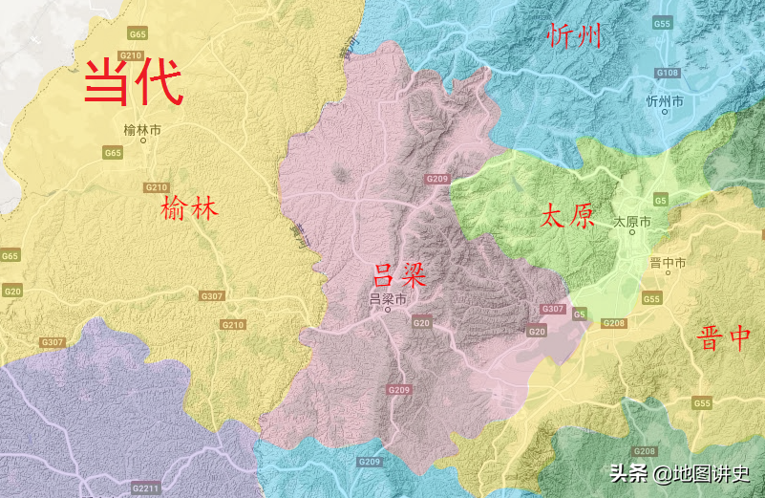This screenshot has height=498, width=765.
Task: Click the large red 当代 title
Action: (133, 82)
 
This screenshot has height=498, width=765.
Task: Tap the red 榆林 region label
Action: (190, 208)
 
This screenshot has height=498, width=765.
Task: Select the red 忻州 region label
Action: (576, 37)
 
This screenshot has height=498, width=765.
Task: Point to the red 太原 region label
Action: (567, 215)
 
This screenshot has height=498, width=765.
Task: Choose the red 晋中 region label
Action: (724, 338)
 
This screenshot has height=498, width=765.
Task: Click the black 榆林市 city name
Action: (143, 129)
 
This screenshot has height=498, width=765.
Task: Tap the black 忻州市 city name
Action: (665, 100)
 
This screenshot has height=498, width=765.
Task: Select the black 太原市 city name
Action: (632, 221)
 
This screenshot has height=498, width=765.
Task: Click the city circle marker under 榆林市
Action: (143, 141)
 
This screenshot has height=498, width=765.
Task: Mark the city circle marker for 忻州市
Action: (665, 112)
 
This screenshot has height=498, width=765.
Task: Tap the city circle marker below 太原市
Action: (632, 232)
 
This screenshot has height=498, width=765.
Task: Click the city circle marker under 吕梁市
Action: (388, 311)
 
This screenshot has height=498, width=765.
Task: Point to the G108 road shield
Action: (667, 73)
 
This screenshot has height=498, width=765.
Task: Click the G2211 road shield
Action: (145, 488)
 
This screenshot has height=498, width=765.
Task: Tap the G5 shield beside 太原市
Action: (661, 199)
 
